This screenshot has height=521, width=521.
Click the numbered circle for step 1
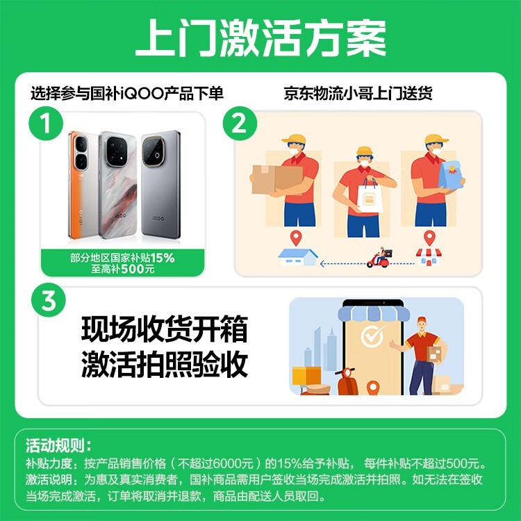coord(45,126)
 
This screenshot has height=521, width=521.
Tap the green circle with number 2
coord(238,125)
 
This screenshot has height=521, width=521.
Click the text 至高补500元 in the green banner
coord(123,270)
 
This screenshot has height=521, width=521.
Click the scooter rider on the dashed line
coord(380,258)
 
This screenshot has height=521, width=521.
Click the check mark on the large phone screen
coord(372,337)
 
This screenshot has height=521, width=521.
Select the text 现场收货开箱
coord(164,329)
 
